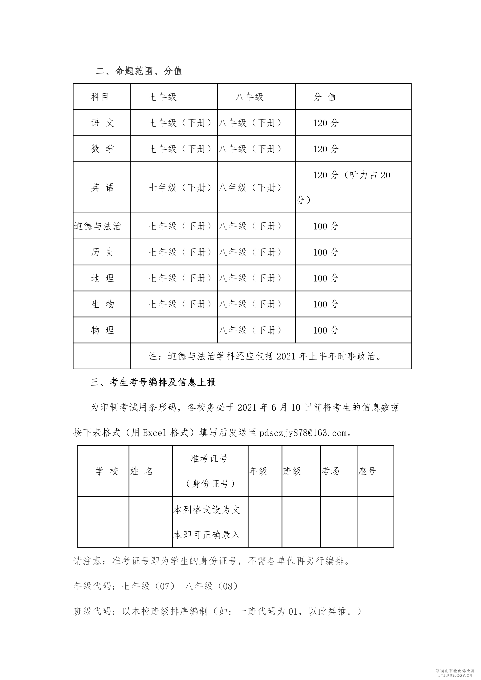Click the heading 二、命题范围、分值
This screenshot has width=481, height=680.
[139, 71]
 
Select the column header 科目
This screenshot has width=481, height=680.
[100, 97]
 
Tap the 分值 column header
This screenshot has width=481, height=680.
[325, 97]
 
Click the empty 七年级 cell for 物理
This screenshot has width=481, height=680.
[174, 330]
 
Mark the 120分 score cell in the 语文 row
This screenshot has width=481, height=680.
[326, 123]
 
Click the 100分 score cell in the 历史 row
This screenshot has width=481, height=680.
[326, 252]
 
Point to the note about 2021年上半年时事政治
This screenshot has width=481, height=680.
[265, 356]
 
